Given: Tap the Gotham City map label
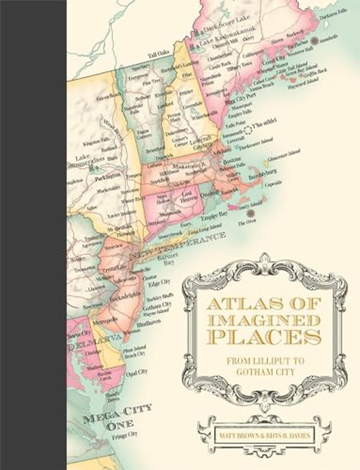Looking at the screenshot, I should click(x=160, y=304).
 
